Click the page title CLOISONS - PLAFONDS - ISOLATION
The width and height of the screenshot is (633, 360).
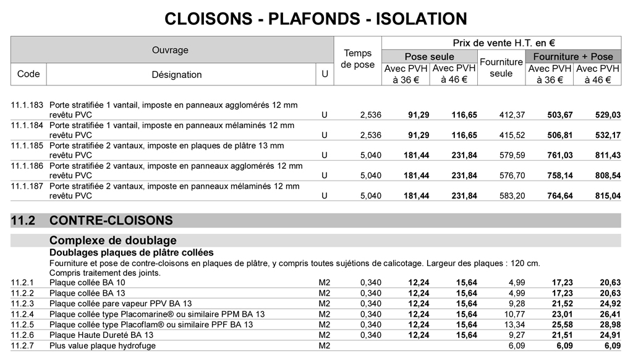pyautogui.click(x=316, y=19)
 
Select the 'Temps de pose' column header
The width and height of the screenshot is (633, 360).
pyautogui.click(x=358, y=59)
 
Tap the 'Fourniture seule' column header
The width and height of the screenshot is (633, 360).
pyautogui.click(x=501, y=67)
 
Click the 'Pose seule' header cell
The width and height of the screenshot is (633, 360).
pyautogui.click(x=429, y=56)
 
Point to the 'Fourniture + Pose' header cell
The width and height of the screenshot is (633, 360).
pyautogui.click(x=573, y=56)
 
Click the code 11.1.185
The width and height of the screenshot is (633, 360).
pyautogui.click(x=27, y=145)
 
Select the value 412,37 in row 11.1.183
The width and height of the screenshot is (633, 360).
pyautogui.click(x=512, y=115)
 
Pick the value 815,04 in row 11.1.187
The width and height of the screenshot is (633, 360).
pyautogui.click(x=608, y=196)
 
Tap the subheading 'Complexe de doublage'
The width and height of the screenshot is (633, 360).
pyautogui.click(x=113, y=241)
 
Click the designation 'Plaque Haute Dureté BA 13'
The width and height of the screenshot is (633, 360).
pyautogui.click(x=101, y=335)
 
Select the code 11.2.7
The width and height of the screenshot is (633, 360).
pyautogui.click(x=22, y=346)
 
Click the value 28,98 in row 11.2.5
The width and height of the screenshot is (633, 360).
pyautogui.click(x=610, y=325)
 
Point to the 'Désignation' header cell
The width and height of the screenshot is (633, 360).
pyautogui.click(x=177, y=75)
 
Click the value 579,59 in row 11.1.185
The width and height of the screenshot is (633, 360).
pyautogui.click(x=512, y=155)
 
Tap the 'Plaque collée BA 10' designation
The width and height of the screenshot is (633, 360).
pyautogui.click(x=87, y=283)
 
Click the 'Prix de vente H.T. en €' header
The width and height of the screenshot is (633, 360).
pyautogui.click(x=503, y=43)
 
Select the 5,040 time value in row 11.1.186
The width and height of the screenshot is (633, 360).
pyautogui.click(x=371, y=176)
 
